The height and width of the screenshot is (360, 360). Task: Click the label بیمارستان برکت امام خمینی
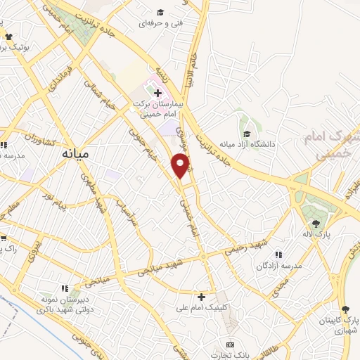click(160, 105)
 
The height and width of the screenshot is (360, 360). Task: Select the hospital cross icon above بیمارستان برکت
click(159, 91)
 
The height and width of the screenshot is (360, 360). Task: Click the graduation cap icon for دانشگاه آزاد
click(246, 134)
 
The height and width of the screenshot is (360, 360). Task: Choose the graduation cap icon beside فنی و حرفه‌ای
click(160, 12)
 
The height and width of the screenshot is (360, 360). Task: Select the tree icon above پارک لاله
click(314, 222)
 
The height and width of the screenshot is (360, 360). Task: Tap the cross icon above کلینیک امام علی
click(202, 297)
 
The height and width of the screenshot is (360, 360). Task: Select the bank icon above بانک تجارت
click(229, 345)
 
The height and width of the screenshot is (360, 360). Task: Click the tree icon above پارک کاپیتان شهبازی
click(345, 309)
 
